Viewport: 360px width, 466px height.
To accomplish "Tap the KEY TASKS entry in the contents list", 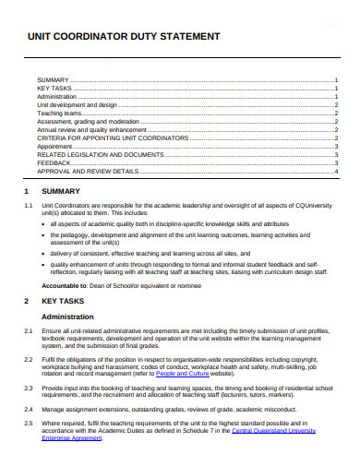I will (54, 88).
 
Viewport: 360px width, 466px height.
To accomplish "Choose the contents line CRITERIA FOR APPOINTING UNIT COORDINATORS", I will (112, 137).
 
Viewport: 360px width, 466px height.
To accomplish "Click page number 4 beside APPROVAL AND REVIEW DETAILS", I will (336, 171).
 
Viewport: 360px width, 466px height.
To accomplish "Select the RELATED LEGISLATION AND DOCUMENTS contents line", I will (99, 154).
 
